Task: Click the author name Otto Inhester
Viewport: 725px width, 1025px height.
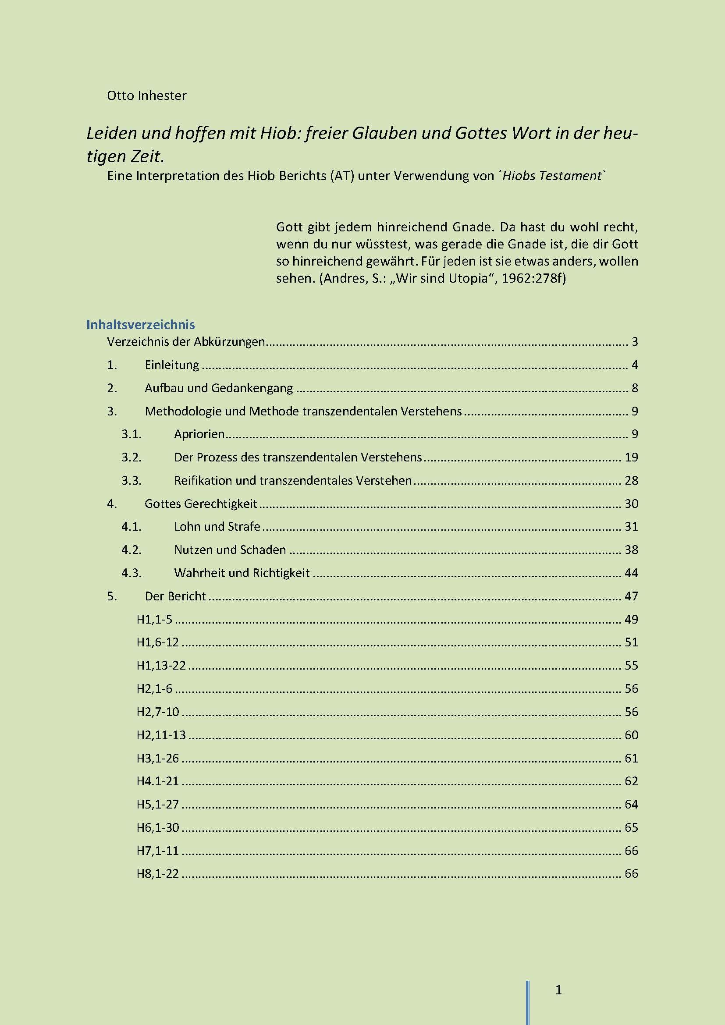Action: [x=146, y=96]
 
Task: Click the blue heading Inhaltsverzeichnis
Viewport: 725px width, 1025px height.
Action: [x=141, y=325]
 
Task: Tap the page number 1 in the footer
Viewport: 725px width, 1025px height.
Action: [x=558, y=990]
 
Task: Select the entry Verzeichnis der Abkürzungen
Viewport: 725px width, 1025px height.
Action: [x=186, y=342]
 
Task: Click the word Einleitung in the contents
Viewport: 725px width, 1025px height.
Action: [x=172, y=365]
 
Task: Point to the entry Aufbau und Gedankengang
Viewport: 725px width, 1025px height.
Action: [x=219, y=388]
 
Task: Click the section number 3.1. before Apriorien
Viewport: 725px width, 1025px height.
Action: [x=131, y=434]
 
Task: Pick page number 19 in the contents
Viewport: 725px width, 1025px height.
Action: [x=631, y=458]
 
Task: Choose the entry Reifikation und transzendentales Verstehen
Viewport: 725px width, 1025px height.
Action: [x=293, y=481]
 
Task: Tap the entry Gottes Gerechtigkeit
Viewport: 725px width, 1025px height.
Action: [x=201, y=504]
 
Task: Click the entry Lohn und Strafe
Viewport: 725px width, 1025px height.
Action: [x=217, y=527]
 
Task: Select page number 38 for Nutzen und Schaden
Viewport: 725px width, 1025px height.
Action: [x=631, y=550]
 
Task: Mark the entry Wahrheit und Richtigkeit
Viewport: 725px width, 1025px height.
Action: [x=242, y=573]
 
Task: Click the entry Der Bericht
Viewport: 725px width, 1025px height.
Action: [x=175, y=596]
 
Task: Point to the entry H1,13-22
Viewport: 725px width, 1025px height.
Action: [x=161, y=666]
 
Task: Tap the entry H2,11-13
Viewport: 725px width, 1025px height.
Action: [x=161, y=735]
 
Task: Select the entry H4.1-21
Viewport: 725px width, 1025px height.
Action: [x=158, y=781]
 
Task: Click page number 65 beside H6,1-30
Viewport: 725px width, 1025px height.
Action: [x=631, y=828]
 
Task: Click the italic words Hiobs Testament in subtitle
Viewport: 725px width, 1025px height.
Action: [x=552, y=176]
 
